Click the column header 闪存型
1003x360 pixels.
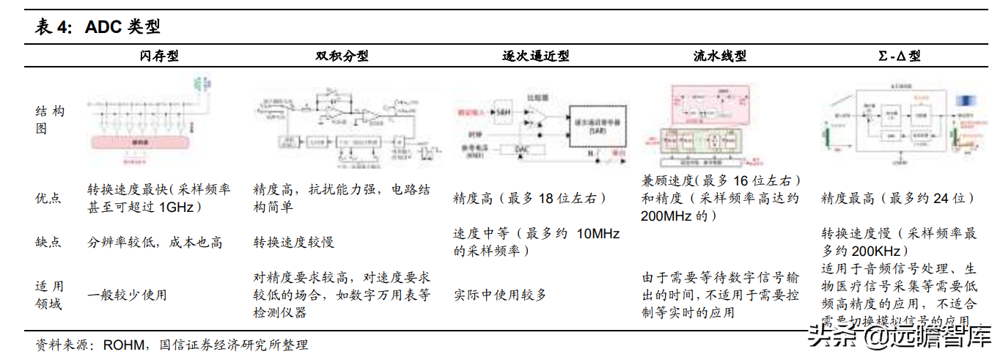(x=159, y=56)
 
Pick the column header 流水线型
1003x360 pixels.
(x=719, y=56)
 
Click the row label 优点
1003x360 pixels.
(x=48, y=198)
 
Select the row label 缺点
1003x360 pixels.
(x=48, y=242)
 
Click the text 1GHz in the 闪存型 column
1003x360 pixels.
(x=176, y=207)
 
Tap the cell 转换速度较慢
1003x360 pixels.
(x=294, y=242)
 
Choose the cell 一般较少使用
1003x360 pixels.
(x=127, y=295)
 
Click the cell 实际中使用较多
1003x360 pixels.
(x=500, y=295)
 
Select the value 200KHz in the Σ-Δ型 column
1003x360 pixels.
(x=881, y=249)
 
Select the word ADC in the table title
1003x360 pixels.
(x=104, y=28)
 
